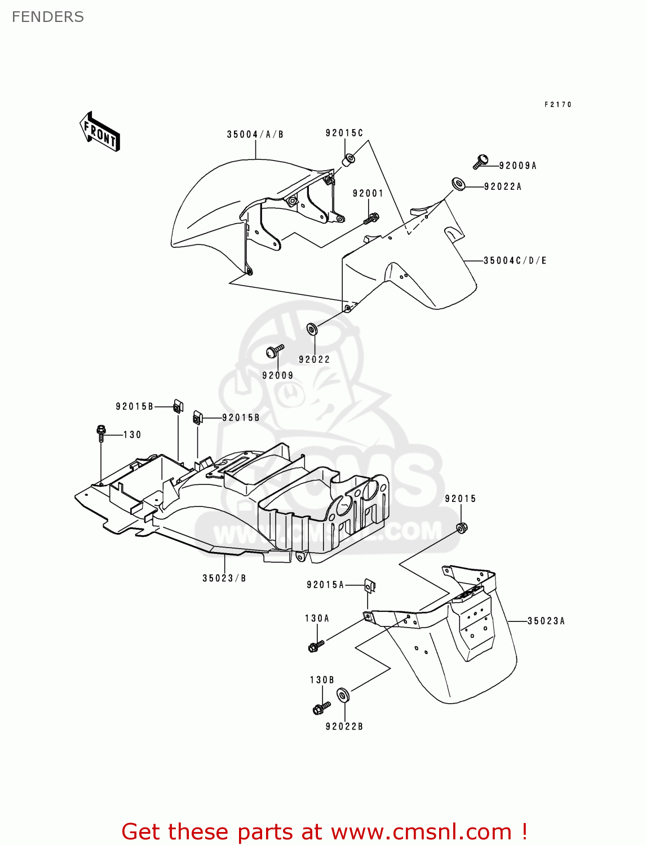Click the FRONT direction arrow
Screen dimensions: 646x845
[x=100, y=131]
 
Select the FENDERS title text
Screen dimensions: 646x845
[x=48, y=17]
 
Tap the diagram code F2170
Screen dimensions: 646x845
[x=557, y=104]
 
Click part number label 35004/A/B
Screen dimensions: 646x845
[x=255, y=134]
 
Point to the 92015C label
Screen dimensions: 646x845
[x=344, y=133]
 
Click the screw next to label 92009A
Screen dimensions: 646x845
[x=480, y=161]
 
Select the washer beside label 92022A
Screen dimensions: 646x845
[x=458, y=184]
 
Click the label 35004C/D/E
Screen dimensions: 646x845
[x=515, y=261]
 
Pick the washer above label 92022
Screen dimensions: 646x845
[x=312, y=329]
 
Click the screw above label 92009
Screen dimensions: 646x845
[x=275, y=351]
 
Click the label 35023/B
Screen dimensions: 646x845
[x=224, y=578]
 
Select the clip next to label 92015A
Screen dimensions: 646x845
[x=370, y=586]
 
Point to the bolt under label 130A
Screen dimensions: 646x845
[x=316, y=645]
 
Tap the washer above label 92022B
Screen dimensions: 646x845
[x=343, y=695]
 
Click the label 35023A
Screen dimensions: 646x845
[x=546, y=621]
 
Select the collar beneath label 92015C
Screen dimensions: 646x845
[x=348, y=159]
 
